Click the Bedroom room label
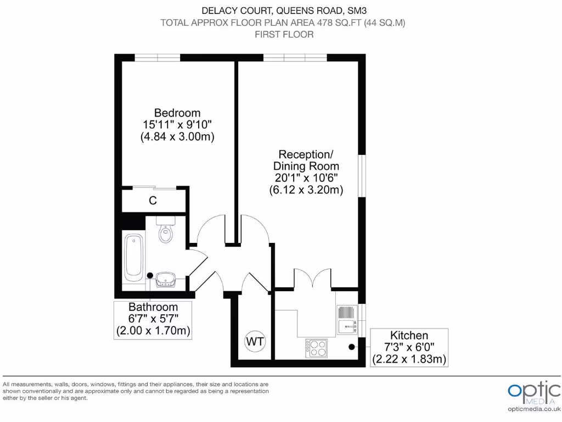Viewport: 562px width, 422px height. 177,113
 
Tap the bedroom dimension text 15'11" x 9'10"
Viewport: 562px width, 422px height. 177,125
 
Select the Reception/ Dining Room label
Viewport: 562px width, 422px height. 306,159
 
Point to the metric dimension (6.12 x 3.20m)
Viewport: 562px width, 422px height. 306,190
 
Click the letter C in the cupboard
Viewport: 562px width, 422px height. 153,201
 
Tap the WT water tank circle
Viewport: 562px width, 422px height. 255,341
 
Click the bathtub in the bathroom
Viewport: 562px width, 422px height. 134,257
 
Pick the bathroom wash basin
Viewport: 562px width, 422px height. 165,280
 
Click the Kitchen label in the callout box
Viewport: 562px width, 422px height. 409,335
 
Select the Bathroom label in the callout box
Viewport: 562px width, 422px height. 153,307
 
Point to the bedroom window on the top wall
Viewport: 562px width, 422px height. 158,58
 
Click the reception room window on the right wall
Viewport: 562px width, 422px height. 362,175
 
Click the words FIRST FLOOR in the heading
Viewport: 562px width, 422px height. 284,35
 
